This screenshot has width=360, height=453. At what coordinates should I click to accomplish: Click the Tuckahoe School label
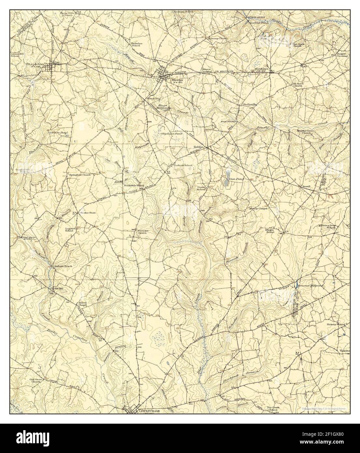(131, 44)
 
